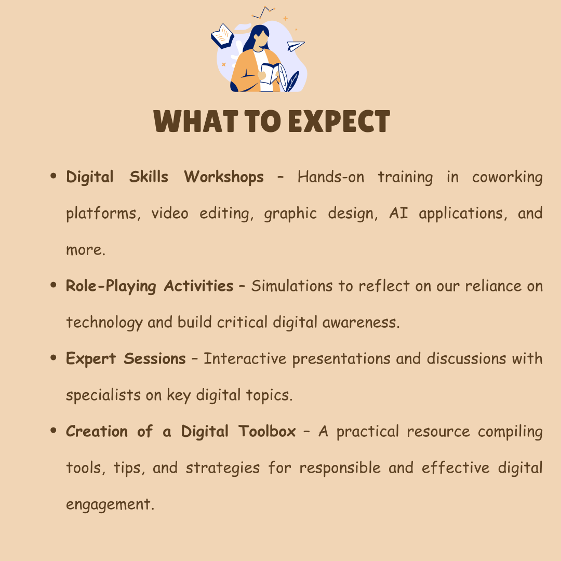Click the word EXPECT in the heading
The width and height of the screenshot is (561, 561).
(339, 121)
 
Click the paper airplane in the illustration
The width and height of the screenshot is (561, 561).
(296, 46)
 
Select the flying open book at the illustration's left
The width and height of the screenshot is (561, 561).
(222, 36)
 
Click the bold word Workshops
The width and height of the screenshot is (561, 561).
(224, 177)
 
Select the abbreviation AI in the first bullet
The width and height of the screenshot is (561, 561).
(398, 213)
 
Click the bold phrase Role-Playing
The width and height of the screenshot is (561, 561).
(111, 286)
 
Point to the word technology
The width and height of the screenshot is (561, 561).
(104, 323)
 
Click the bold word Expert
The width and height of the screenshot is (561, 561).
(91, 359)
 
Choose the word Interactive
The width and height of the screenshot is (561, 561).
(245, 358)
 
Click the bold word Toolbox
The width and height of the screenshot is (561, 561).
(268, 431)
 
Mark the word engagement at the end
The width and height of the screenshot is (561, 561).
(110, 504)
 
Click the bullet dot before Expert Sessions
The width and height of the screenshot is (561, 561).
(54, 358)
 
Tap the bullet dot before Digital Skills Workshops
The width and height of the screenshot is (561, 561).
(54, 176)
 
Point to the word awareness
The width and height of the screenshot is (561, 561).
(361, 323)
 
